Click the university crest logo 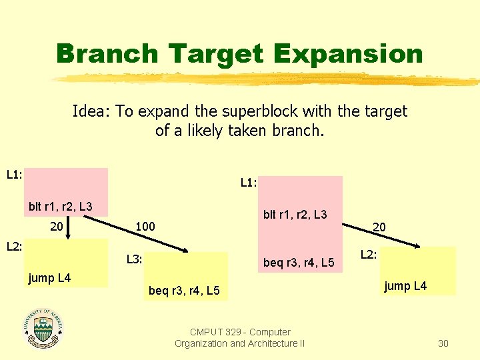tap(43, 330)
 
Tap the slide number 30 tap(443, 343)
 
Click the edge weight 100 tap(145, 227)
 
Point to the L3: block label tap(135, 259)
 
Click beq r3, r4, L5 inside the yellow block tap(185, 291)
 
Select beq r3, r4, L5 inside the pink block tap(299, 263)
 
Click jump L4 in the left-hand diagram tap(49, 277)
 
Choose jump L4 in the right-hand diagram tap(405, 287)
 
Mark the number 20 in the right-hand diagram tap(379, 227)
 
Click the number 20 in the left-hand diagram tap(57, 227)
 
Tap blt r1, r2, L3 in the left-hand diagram tap(60, 207)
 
